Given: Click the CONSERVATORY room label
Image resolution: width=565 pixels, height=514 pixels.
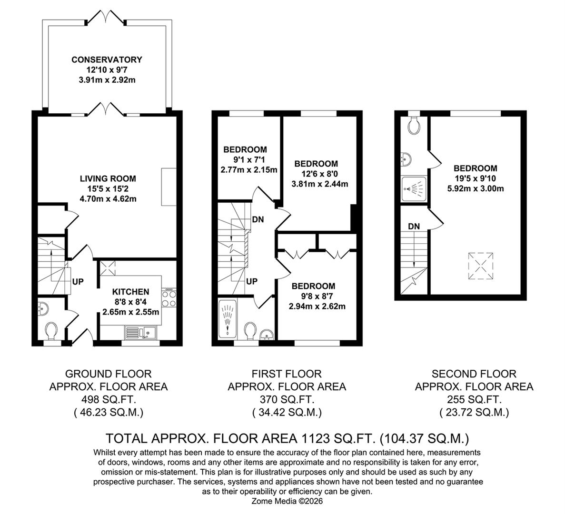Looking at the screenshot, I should (107, 59).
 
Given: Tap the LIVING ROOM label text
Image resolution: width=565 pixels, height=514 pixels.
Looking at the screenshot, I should (108, 178).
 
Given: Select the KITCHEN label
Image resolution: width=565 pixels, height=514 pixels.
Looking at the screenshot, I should (130, 292).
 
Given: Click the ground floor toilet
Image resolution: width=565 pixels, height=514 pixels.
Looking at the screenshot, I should (51, 330).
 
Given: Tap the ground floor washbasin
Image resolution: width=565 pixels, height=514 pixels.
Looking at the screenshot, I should (42, 309).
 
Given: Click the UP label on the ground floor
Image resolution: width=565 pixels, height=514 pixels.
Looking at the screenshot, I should (78, 282).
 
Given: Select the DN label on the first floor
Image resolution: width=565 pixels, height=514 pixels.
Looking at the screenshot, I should (258, 219).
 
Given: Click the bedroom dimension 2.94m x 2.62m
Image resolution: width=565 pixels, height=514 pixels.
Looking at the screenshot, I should (317, 306).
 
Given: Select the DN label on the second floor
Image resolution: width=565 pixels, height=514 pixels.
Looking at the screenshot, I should (414, 226).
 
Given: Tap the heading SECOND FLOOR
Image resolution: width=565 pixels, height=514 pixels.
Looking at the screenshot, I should (474, 374).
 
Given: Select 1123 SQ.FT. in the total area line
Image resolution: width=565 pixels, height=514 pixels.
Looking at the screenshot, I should (341, 437).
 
